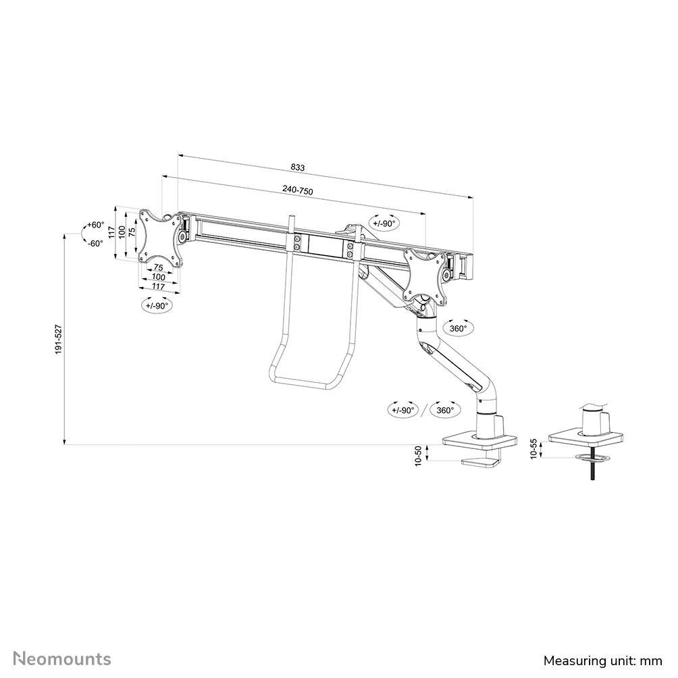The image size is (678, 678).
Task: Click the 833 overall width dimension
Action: (297, 167)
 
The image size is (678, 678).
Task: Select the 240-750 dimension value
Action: (298, 191)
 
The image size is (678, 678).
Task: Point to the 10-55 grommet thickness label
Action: (533, 450)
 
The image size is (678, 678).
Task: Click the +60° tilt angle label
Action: (95, 224)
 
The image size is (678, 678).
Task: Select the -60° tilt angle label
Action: (95, 243)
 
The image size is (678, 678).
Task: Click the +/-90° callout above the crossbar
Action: (385, 223)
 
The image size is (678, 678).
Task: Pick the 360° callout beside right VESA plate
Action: (459, 329)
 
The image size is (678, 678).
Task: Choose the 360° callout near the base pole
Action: (445, 410)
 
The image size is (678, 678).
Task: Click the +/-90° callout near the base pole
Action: (404, 410)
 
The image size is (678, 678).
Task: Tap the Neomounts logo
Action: (62, 658)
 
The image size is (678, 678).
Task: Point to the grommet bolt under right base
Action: (591, 469)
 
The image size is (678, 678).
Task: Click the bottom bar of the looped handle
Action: (303, 382)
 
